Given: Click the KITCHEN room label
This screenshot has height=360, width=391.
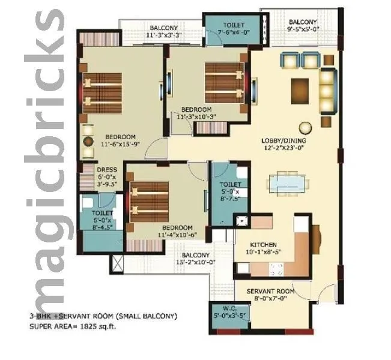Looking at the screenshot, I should (x=264, y=245).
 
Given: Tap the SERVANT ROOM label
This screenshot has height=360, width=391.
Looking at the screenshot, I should (x=270, y=291).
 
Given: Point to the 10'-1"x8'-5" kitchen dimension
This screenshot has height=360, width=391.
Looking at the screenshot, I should (x=264, y=252).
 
